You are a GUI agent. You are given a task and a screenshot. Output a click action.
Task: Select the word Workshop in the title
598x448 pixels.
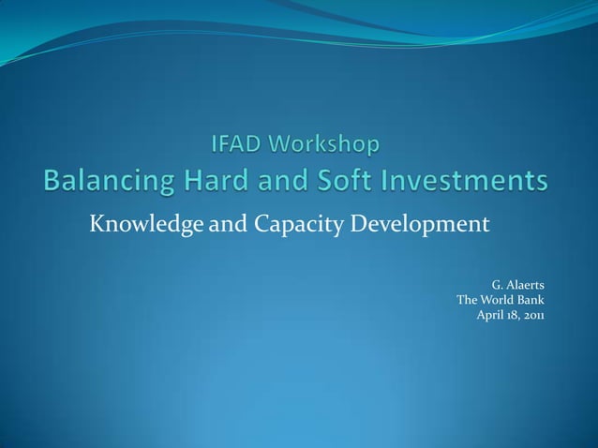(326, 145)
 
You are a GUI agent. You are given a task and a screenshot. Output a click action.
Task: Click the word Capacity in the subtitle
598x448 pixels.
(284, 226)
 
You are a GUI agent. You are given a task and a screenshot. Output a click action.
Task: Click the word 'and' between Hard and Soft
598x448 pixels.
(293, 180)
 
